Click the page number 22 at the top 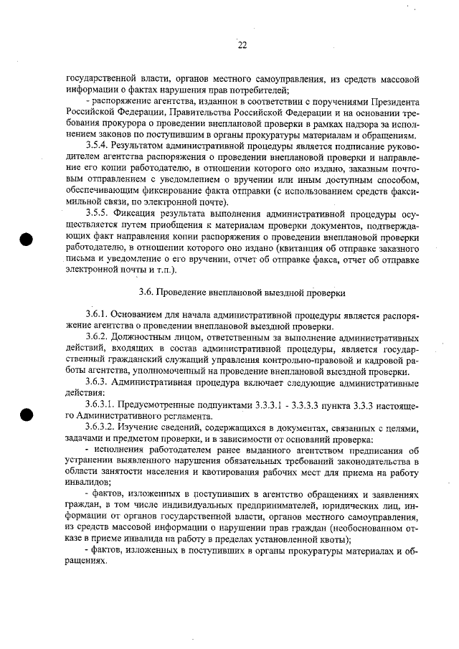pyautogui.click(x=242, y=45)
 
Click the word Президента pyautogui.click(x=394, y=101)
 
